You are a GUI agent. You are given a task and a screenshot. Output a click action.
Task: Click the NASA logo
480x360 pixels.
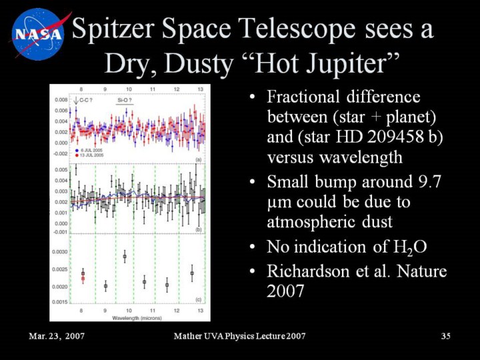[36, 34]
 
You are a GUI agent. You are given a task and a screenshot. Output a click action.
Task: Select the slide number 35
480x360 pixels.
[446, 336]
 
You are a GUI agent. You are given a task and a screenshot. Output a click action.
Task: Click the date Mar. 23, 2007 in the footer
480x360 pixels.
[57, 336]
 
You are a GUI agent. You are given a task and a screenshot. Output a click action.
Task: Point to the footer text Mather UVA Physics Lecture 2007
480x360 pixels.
[239, 336]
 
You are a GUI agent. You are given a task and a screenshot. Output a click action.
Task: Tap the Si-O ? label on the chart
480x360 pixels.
[124, 100]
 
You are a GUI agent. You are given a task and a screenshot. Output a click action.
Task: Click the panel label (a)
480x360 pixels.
[198, 159]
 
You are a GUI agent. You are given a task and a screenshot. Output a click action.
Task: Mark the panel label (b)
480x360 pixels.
[198, 229]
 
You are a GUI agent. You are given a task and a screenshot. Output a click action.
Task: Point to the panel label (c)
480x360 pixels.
[198, 300]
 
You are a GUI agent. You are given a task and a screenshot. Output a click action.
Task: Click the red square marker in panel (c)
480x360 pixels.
[83, 279]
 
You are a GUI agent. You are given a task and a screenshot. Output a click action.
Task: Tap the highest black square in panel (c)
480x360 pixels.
[125, 257]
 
